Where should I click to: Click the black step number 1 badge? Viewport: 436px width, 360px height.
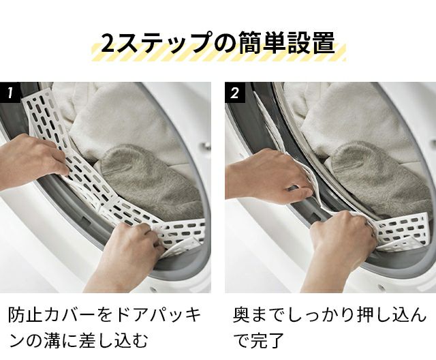[10, 92]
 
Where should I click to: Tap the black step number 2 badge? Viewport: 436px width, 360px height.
[235, 92]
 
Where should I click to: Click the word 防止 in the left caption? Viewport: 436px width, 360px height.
[26, 316]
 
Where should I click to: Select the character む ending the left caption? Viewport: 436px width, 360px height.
[138, 340]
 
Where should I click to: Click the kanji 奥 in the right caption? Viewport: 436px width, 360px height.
[242, 315]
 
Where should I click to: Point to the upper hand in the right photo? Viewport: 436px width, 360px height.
[267, 175]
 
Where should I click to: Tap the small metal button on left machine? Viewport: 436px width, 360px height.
[206, 145]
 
